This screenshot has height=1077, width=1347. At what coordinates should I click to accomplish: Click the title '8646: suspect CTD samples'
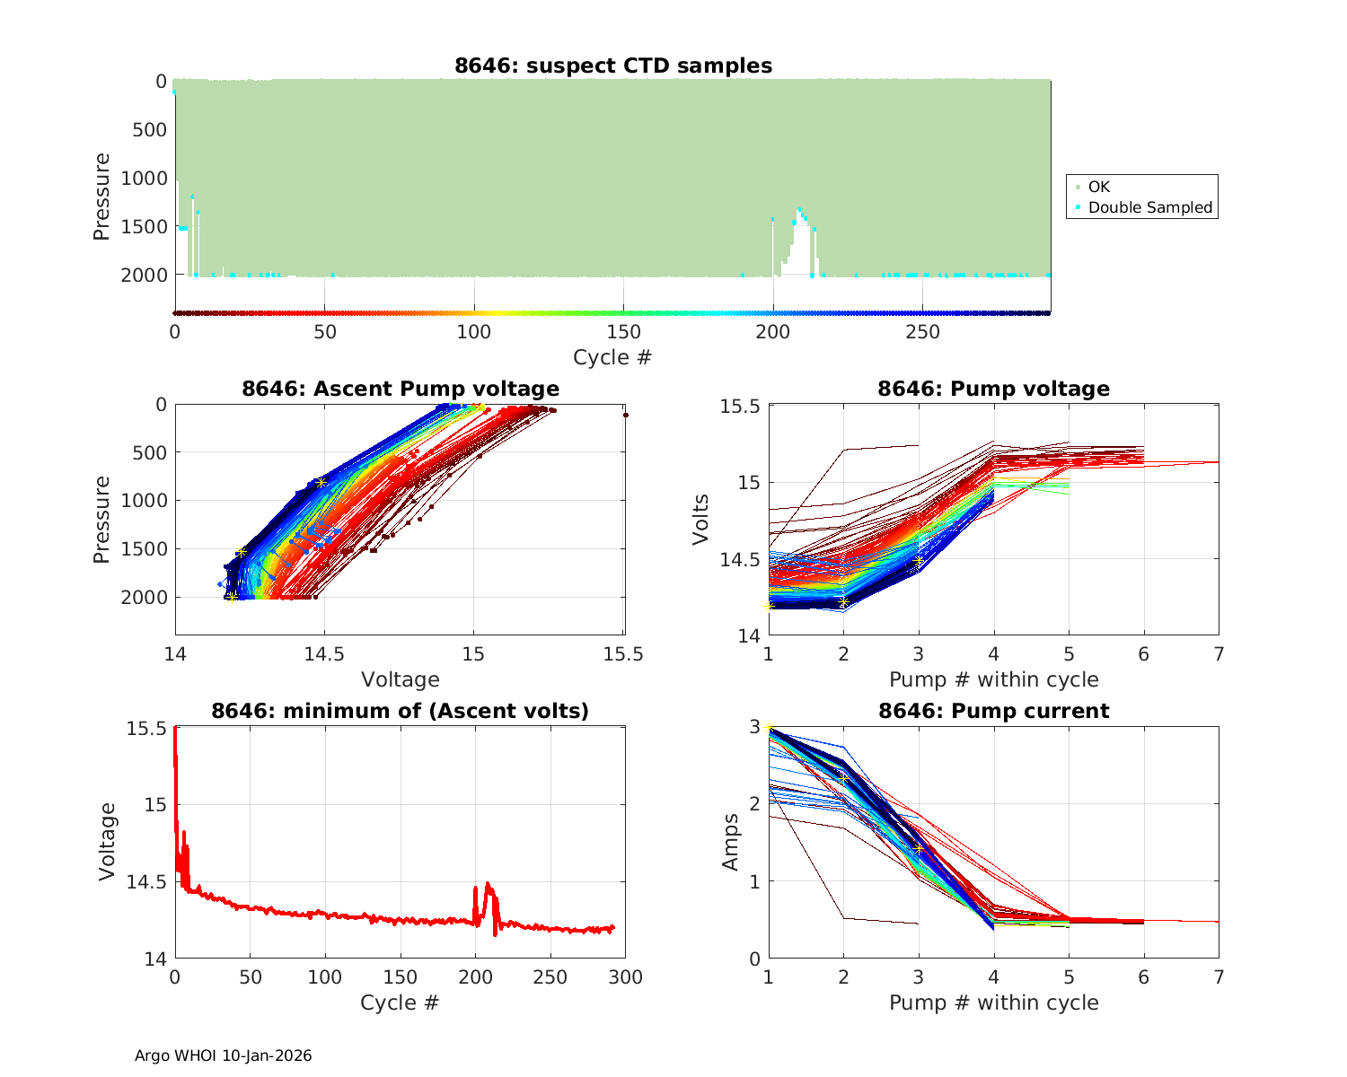pos(613,66)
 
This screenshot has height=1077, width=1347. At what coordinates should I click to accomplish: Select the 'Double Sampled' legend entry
pos(1149,207)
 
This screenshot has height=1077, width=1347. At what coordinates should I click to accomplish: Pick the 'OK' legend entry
pos(1098,187)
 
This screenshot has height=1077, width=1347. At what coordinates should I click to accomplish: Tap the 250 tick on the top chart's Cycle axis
pos(922,332)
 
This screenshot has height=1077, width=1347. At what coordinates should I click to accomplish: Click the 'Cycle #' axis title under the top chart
pos(612,357)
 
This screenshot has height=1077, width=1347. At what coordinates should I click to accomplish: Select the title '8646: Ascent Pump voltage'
pos(401,389)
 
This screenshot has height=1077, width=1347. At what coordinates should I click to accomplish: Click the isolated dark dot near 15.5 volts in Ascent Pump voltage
pos(626,415)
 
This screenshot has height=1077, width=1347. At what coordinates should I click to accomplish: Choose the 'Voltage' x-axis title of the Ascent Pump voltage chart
pos(401,679)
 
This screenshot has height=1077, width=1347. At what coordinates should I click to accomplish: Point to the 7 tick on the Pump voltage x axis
pos(1219,654)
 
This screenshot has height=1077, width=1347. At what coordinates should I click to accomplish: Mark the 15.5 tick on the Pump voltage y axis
pos(740,407)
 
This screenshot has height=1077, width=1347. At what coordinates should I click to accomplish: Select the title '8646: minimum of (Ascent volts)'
pos(401,711)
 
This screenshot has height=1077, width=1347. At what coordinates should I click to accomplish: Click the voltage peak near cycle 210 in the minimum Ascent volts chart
pos(488,885)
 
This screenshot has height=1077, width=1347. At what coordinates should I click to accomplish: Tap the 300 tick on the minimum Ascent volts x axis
pos(626,977)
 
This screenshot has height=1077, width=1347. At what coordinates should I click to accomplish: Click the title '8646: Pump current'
pos(994,711)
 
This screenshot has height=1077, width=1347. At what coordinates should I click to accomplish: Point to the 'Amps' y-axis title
pos(730,842)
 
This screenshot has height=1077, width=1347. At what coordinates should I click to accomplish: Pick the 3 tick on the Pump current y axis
pos(754,727)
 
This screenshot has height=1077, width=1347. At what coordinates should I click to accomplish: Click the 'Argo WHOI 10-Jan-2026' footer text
pos(224,1055)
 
